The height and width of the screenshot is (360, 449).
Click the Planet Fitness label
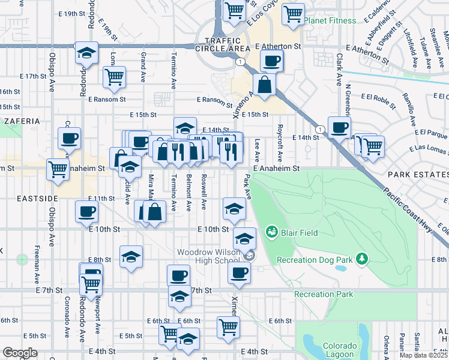pyautogui.click(x=330, y=20)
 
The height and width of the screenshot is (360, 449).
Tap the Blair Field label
pyautogui.click(x=297, y=233)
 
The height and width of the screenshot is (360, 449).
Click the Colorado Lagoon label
pyautogui.click(x=340, y=350)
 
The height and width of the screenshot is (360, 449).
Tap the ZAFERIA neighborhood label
pyautogui.click(x=22, y=121)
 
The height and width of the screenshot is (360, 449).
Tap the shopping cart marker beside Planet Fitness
pyautogui.click(x=293, y=13)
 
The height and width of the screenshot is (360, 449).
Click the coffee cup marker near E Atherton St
pyautogui.click(x=272, y=60)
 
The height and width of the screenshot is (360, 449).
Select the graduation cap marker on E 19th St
pyautogui.click(x=86, y=53)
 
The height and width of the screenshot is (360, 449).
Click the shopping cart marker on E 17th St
pyautogui.click(x=113, y=76)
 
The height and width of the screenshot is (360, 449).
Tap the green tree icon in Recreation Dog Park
pyautogui.click(x=362, y=259)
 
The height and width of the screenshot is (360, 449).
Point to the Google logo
pyautogui.click(x=20, y=353)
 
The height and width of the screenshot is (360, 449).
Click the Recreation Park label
pyautogui.click(x=324, y=294)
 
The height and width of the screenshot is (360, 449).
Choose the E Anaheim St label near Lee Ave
pyautogui.click(x=276, y=169)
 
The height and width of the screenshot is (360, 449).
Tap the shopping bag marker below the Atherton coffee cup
pyautogui.click(x=264, y=85)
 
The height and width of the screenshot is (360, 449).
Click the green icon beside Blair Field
pyautogui.click(x=271, y=232)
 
